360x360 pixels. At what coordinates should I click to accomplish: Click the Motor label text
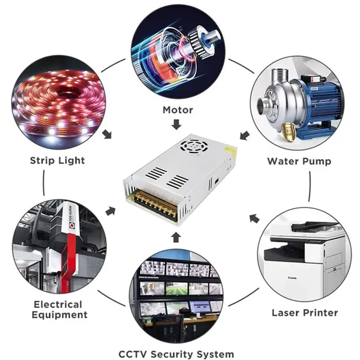(178, 110)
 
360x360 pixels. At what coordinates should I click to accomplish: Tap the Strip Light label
(57, 160)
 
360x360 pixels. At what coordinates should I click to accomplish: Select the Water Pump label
(299, 161)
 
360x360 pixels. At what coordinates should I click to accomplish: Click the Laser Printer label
(305, 313)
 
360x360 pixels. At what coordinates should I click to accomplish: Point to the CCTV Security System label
(176, 354)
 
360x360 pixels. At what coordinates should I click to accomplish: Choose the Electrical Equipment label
(60, 309)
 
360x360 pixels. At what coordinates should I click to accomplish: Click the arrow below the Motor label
(176, 124)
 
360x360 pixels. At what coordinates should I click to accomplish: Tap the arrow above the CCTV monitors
(176, 237)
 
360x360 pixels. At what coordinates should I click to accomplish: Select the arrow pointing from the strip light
(107, 134)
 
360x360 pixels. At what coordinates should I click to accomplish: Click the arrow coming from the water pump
(245, 135)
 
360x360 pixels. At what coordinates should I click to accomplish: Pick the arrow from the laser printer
(254, 218)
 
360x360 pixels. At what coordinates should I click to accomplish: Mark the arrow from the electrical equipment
(110, 211)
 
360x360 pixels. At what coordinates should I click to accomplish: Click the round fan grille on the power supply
(194, 146)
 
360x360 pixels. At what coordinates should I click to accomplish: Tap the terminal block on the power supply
(155, 205)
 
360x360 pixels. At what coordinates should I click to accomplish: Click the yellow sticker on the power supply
(231, 150)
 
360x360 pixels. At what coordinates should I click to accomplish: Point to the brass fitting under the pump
(288, 132)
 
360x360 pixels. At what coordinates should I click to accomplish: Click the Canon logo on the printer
(292, 278)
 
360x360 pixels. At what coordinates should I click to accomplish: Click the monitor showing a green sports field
(177, 289)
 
